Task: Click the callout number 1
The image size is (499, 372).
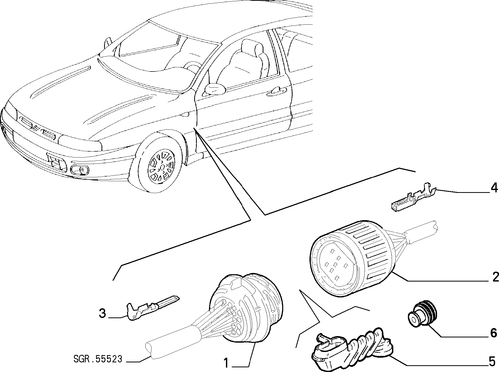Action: (x=226, y=363)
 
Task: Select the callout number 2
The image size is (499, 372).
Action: (x=494, y=277)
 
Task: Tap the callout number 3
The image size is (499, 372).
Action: (x=103, y=314)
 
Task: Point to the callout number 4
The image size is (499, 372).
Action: (x=494, y=188)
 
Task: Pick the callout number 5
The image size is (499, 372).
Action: (x=492, y=362)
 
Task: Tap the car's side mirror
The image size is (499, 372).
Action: (x=215, y=89)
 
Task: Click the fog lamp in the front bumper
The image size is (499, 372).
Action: (x=80, y=170)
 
